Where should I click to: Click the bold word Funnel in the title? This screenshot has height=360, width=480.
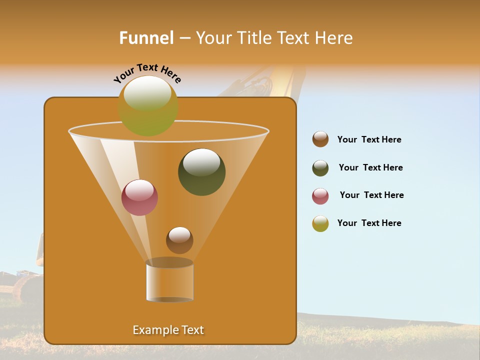coord(146,38)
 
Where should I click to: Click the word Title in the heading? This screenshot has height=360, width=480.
coord(253,38)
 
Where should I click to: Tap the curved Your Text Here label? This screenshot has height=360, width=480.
coord(147,73)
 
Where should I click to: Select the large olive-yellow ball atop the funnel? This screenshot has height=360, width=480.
coord(148,106)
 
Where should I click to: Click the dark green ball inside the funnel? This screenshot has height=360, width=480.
coord(201,172)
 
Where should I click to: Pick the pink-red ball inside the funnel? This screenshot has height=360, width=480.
coord(139,197)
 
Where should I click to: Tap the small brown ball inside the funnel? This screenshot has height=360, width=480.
coord(179,240)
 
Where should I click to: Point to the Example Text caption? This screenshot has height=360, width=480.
coord(168,330)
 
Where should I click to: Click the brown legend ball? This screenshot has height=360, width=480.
coord(320,139)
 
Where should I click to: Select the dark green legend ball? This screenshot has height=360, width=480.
coord(320,168)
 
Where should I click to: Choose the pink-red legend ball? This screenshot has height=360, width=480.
coord(320,196)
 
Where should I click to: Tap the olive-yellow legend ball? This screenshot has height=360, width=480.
coord(320,223)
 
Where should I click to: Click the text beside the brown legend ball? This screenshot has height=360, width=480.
coord(369,139)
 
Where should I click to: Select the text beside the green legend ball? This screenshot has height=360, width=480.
coord(370,167)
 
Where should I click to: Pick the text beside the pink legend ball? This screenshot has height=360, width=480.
coord(371,195)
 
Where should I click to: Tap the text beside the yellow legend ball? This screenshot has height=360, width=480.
coord(369,223)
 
